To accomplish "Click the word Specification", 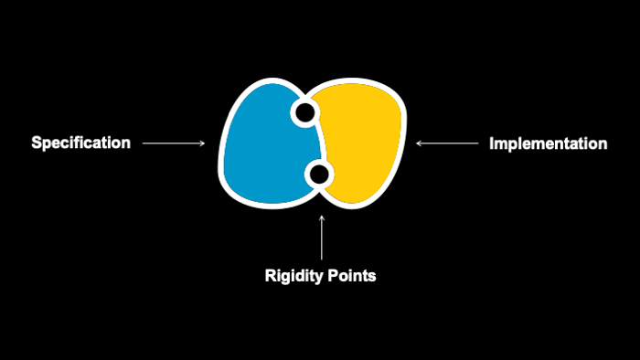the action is tap(80, 143).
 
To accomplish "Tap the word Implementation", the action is tap(549, 143).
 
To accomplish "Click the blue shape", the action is tap(270, 147).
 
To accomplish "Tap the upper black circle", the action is tap(304, 112).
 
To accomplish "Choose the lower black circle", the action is tap(319, 175).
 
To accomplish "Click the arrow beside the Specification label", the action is tap(174, 143).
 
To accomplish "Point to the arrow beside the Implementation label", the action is tap(447, 143).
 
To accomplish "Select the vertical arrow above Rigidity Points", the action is tap(322, 238).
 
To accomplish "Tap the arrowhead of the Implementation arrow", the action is tap(417, 143).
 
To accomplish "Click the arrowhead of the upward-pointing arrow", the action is tap(322, 217).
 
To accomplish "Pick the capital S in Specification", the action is tap(37, 143).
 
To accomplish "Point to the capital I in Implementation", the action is tap(492, 143).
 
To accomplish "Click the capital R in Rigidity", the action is tap(271, 276).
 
